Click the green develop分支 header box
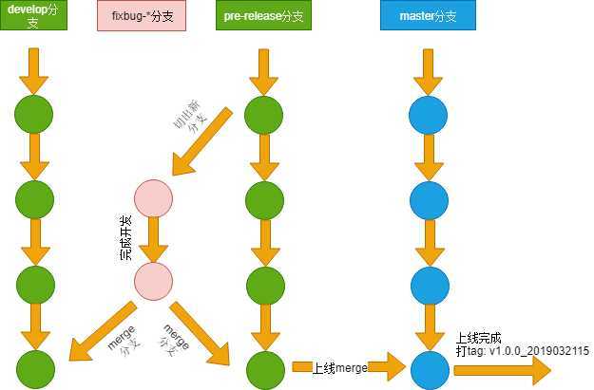(34, 16)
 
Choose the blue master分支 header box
(428, 16)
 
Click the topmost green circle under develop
(33, 114)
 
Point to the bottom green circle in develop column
(33, 368)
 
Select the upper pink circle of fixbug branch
(153, 199)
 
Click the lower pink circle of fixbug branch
(153, 282)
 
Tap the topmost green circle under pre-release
(263, 115)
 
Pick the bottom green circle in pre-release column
(263, 367)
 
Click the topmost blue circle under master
(428, 115)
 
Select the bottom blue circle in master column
(428, 367)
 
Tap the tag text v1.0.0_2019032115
(522, 350)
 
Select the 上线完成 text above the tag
(478, 337)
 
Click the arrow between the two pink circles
(153, 241)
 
